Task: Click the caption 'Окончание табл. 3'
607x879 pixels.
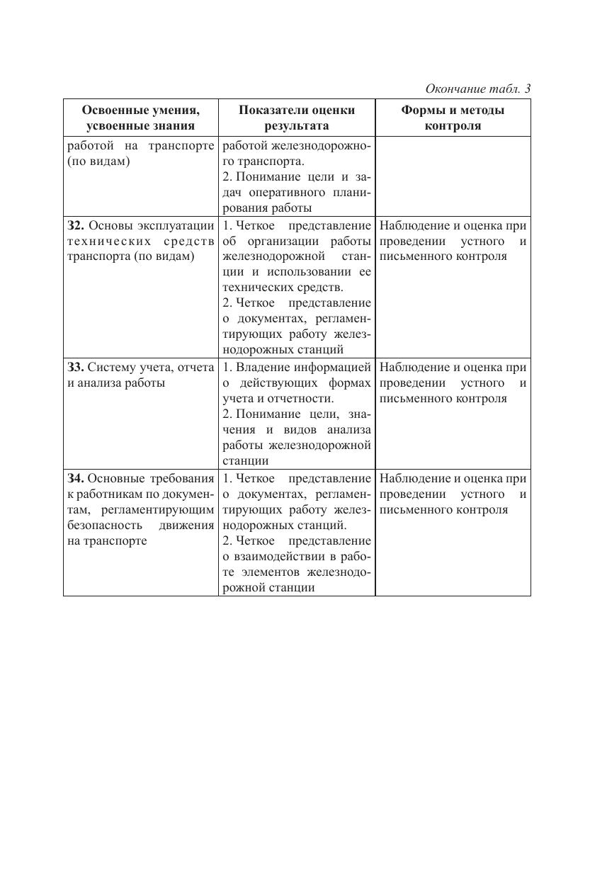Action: pos(477,89)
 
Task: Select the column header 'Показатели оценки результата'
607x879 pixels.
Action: pos(297,118)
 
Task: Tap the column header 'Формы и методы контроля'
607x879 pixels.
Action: pos(453,118)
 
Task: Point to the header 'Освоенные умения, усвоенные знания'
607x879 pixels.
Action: pos(140,118)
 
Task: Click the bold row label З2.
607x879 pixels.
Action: pos(76,226)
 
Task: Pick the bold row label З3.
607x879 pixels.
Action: pos(76,368)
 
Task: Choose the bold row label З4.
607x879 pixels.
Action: pos(76,479)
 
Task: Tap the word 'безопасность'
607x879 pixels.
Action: pos(101,526)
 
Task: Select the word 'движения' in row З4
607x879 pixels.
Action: pos(186,526)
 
